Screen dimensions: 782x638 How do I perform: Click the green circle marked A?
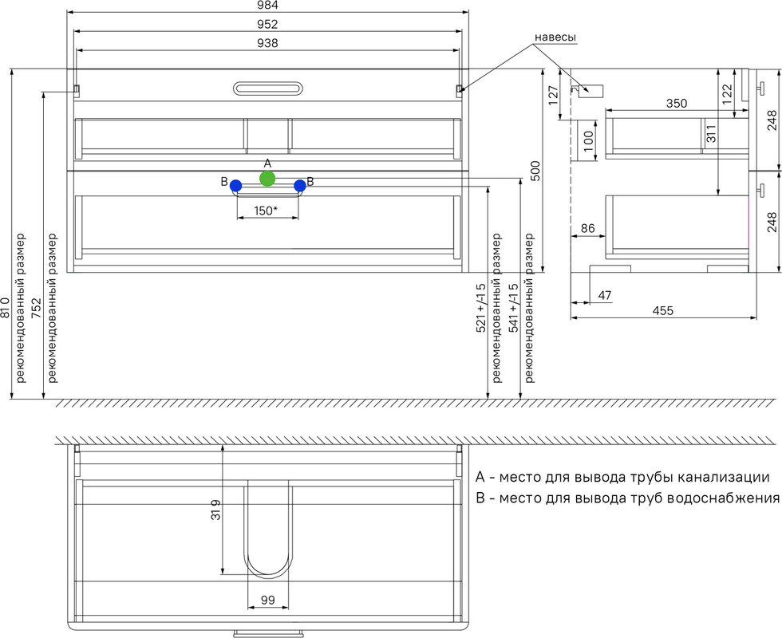tap(267, 179)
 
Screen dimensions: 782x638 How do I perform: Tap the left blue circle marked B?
tap(236, 186)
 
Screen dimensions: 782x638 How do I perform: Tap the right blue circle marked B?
tap(300, 186)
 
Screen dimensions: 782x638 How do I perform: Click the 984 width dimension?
tap(268, 6)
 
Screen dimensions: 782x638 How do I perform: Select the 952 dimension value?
tap(268, 24)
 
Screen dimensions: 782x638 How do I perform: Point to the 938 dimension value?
tap(268, 43)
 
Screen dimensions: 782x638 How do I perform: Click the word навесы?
tap(555, 37)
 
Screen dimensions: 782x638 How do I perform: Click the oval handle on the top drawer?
tap(267, 89)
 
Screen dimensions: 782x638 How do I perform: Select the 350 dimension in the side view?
tap(677, 103)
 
